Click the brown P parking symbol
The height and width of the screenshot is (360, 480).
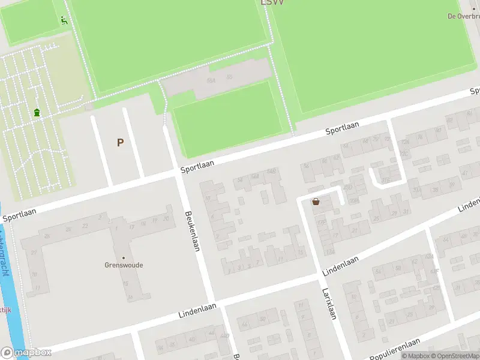point(121,142)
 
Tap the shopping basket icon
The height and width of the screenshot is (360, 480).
point(316,202)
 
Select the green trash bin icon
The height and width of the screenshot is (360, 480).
point(37,112)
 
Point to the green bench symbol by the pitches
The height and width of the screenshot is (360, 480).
point(64,20)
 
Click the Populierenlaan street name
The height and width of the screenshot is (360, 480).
point(394,348)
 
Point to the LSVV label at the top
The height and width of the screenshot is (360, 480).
point(272,2)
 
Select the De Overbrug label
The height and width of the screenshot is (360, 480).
point(463,16)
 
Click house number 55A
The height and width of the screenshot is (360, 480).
point(211,80)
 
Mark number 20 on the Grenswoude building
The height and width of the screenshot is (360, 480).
point(166,218)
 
